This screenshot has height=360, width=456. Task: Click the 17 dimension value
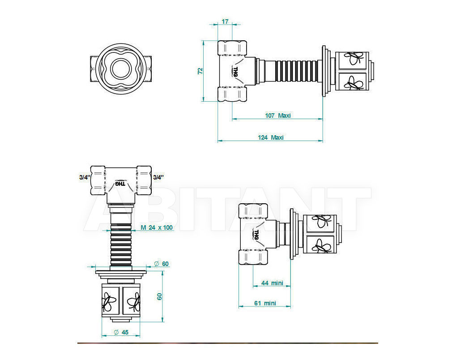225,21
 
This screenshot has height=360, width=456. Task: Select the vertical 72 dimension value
200,71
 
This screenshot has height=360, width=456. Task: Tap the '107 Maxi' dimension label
278,116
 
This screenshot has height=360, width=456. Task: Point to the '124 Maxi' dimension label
271,137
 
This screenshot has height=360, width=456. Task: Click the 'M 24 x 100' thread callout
157,227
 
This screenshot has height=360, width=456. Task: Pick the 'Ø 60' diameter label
162,264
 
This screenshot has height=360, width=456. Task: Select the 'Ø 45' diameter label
121,332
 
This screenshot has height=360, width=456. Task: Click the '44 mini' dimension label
272,283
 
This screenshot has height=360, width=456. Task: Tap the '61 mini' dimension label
265,303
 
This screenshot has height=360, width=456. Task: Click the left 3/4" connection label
85,177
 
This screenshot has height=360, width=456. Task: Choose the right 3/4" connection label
158,177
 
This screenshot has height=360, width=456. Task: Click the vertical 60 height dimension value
159,296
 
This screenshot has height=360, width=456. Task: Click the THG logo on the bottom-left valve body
120,184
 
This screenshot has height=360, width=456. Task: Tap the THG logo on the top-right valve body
235,72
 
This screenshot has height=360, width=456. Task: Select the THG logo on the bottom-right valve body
256,235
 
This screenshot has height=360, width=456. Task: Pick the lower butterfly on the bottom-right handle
321,246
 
